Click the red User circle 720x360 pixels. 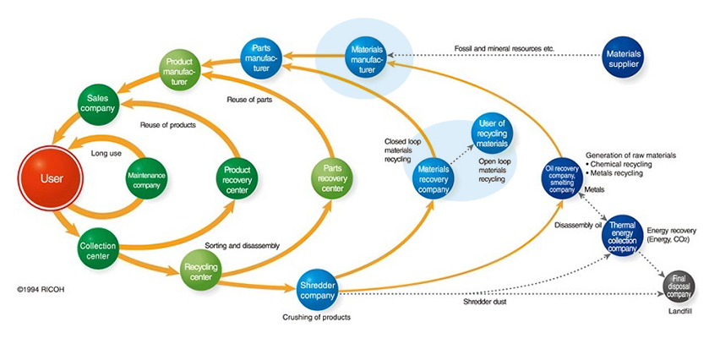[x=52, y=178]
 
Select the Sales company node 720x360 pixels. [x=99, y=105]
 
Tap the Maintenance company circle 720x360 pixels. [x=146, y=178]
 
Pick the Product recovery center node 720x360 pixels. [x=237, y=177]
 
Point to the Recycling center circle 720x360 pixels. [x=201, y=273]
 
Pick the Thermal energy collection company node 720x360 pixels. [x=622, y=236]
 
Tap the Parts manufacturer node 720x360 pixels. [x=259, y=54]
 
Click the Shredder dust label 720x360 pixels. [x=484, y=300]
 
